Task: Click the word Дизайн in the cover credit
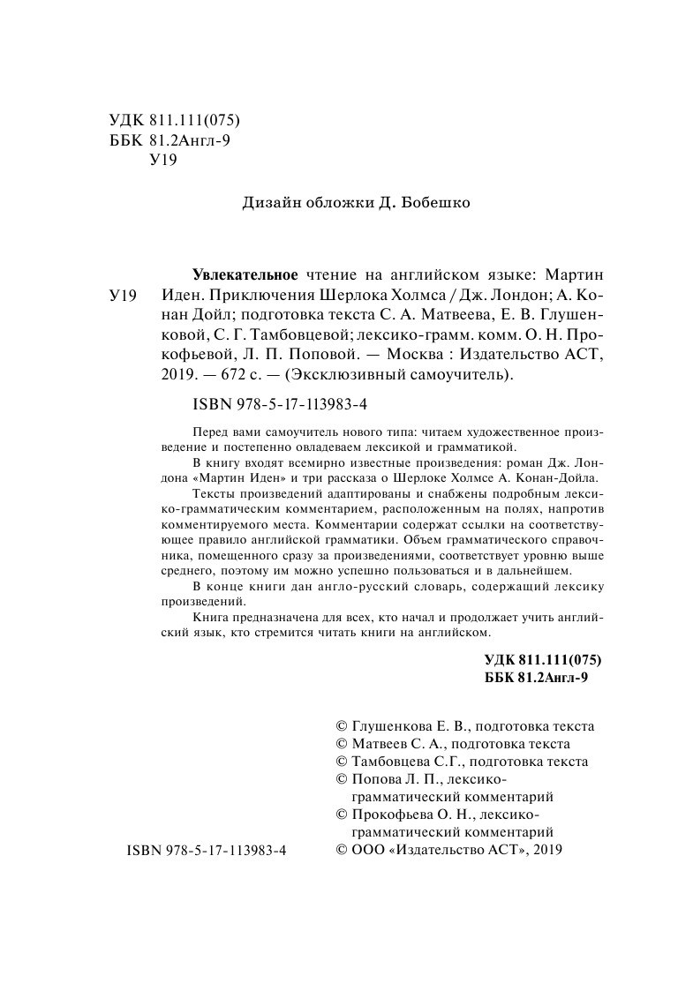pos(267,202)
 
